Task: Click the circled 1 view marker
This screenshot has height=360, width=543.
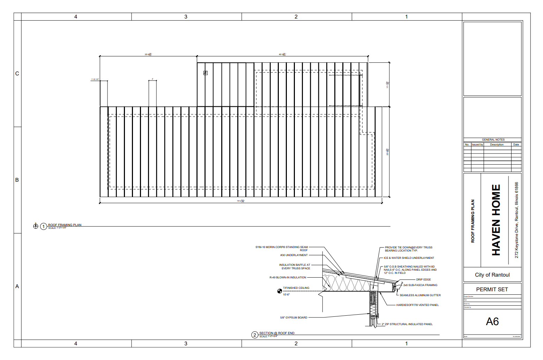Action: (x=44, y=227)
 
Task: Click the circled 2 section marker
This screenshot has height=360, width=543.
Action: (x=255, y=335)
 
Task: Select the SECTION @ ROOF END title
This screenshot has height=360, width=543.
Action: (x=277, y=333)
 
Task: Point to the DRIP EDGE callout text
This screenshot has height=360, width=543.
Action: (x=423, y=279)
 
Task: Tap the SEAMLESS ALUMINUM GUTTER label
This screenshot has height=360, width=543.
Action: (x=420, y=295)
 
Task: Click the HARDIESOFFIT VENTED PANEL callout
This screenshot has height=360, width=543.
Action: (x=417, y=305)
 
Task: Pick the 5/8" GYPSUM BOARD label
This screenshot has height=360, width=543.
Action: (x=293, y=317)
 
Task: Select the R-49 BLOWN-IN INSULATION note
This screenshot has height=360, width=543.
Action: (x=288, y=277)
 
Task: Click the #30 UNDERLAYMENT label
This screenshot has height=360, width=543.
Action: (x=294, y=255)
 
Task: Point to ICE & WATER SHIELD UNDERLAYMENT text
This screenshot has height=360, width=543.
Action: (x=409, y=258)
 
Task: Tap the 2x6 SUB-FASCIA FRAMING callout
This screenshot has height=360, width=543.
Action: (x=420, y=285)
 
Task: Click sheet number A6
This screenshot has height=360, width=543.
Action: (x=492, y=321)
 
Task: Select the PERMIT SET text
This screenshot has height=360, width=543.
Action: (x=492, y=290)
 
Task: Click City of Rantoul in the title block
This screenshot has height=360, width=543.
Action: (x=492, y=275)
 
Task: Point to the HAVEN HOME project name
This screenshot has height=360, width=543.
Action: (x=496, y=220)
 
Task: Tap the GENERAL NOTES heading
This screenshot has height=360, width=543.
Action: (x=493, y=140)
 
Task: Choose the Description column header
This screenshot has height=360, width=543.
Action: (x=497, y=144)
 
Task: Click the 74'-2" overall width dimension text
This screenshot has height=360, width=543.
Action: (x=241, y=201)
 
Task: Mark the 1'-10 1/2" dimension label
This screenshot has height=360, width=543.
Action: (x=95, y=79)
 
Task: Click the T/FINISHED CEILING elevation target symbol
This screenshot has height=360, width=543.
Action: (x=280, y=291)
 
